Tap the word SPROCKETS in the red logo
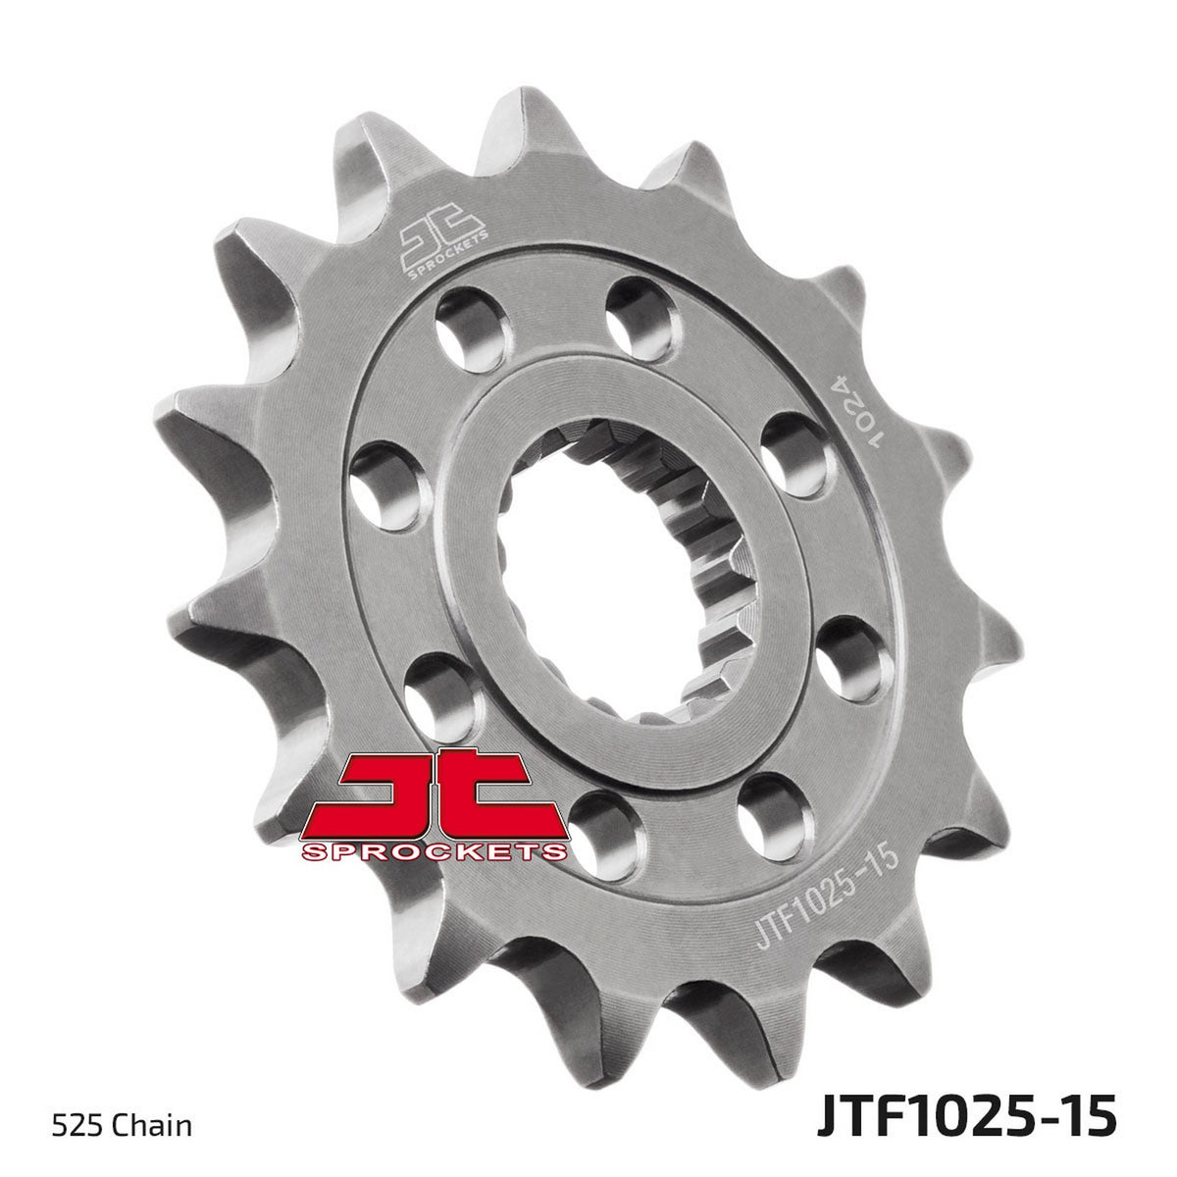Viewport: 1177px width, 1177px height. pos(435,851)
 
